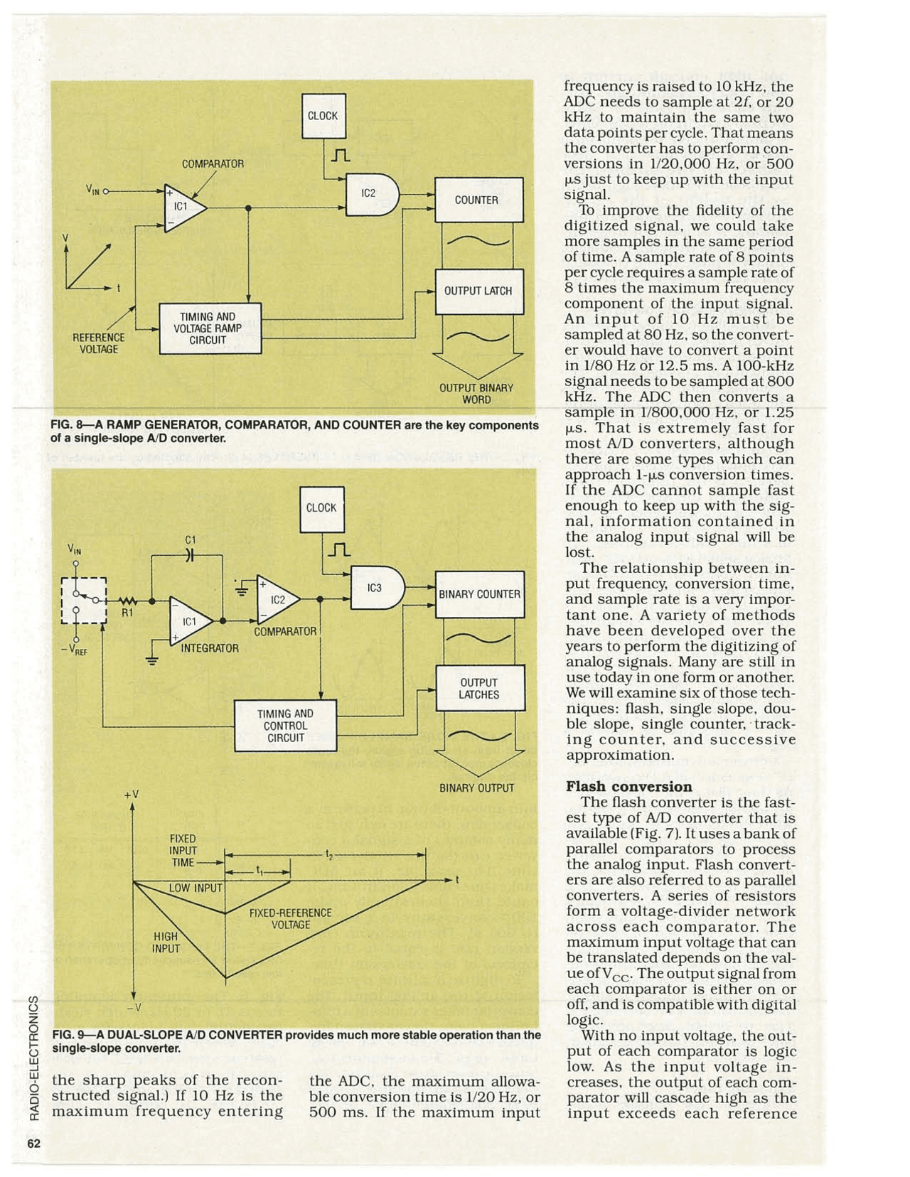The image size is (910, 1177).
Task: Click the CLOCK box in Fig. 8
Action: [323, 116]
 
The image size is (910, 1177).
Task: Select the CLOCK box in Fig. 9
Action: [321, 508]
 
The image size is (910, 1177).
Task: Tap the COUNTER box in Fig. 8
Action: [478, 200]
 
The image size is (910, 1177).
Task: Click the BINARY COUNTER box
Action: [480, 594]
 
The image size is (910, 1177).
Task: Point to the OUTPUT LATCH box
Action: [478, 291]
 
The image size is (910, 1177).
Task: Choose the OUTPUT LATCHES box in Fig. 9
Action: [480, 688]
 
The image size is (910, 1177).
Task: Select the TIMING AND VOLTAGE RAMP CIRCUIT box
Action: [210, 328]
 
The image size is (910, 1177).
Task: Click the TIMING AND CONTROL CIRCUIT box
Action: [285, 726]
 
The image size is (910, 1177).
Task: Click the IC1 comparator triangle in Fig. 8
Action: [183, 208]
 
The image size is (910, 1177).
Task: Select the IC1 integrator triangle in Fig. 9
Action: [190, 621]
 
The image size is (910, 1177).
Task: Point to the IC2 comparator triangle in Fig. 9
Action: [277, 599]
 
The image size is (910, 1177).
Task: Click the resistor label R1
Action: [127, 612]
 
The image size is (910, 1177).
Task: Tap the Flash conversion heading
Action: [628, 786]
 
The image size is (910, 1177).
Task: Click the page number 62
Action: [33, 1144]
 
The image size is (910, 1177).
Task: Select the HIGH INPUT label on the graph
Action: [166, 942]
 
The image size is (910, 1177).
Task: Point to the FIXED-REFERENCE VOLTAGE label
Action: [291, 918]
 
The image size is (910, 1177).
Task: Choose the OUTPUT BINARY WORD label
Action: [476, 394]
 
